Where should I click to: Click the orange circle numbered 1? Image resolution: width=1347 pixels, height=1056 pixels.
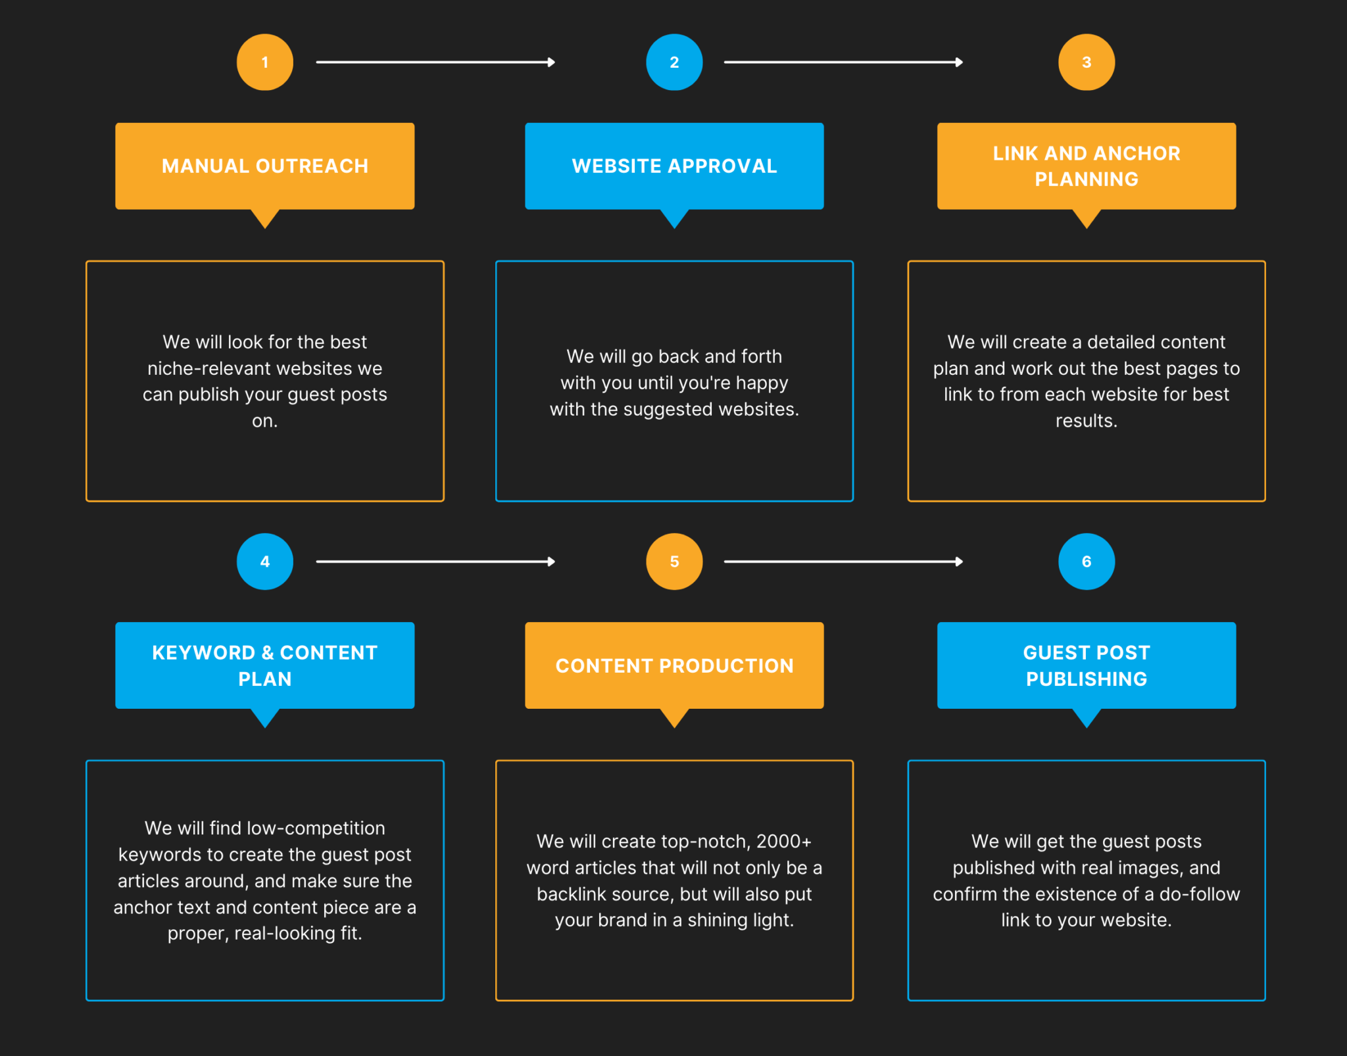pyautogui.click(x=265, y=62)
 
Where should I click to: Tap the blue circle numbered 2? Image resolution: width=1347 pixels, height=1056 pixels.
pyautogui.click(x=674, y=62)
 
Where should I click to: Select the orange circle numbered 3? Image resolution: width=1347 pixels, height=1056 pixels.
pyautogui.click(x=1087, y=62)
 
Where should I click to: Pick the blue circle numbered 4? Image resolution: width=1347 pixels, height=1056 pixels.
pyautogui.click(x=265, y=562)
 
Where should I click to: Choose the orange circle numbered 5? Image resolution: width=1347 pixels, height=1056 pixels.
pyautogui.click(x=674, y=562)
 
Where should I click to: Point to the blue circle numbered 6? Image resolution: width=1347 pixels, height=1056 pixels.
pyautogui.click(x=1087, y=562)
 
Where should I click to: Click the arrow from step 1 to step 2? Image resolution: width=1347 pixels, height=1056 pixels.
pyautogui.click(x=435, y=62)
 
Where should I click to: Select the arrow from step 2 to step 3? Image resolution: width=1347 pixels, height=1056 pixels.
pyautogui.click(x=843, y=62)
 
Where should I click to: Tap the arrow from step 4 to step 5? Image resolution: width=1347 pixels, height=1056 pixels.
pyautogui.click(x=435, y=562)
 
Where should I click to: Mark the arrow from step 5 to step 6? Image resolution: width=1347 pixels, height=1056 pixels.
pyautogui.click(x=843, y=562)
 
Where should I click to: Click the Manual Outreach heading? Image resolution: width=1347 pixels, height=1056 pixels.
pyautogui.click(x=265, y=166)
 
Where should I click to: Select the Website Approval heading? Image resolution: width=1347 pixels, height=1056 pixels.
pyautogui.click(x=674, y=166)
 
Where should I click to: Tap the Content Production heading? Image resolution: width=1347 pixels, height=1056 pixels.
pyautogui.click(x=674, y=665)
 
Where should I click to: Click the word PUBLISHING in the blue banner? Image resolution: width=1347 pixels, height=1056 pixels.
pyautogui.click(x=1087, y=679)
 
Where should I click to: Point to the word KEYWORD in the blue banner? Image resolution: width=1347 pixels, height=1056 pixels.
pyautogui.click(x=203, y=652)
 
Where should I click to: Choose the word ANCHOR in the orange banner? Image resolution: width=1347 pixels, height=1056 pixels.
pyautogui.click(x=1137, y=153)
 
